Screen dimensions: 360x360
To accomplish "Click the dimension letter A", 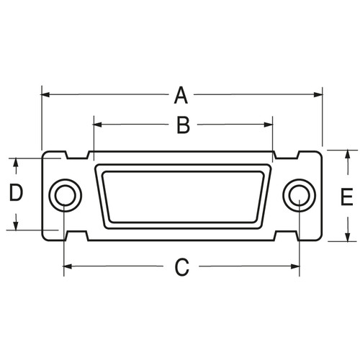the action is click(x=181, y=96).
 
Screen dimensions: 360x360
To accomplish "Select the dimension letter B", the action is click(x=183, y=125).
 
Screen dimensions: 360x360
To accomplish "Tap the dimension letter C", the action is click(x=182, y=267).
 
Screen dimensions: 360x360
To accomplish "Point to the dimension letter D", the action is click(x=16, y=192).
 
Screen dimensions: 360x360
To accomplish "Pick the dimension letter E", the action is click(x=347, y=197).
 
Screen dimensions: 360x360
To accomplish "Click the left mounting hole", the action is click(x=66, y=195).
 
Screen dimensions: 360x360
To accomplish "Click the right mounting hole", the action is click(x=300, y=195).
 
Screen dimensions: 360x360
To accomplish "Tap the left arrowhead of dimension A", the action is click(x=45, y=94).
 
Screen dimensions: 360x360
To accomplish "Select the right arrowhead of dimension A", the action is click(x=318, y=94).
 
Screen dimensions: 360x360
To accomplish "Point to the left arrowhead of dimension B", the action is click(x=98, y=125).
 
